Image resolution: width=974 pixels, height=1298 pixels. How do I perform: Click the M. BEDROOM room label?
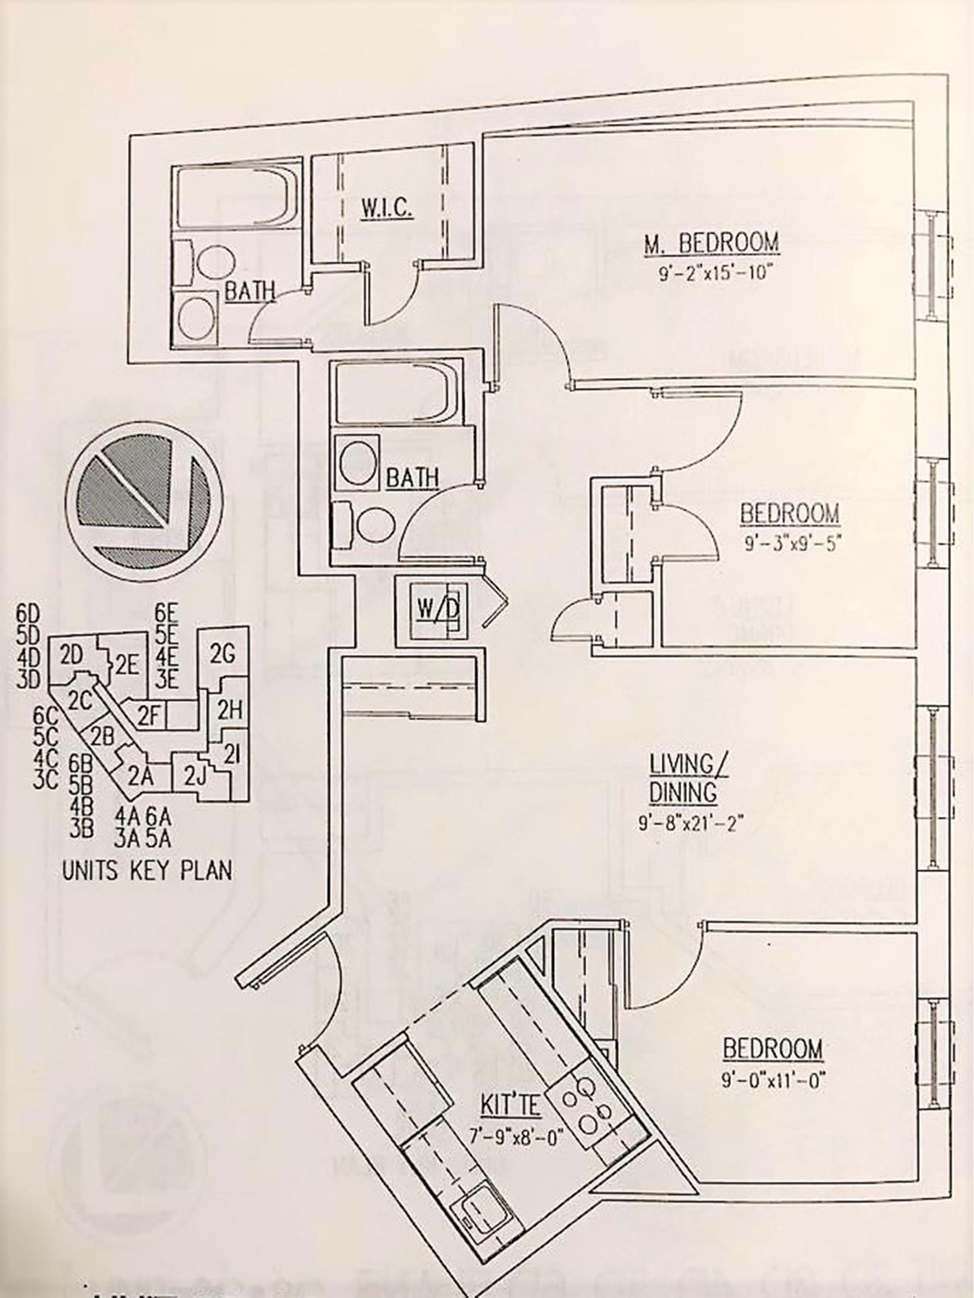(x=711, y=243)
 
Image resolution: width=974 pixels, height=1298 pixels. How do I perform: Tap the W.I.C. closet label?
(x=387, y=209)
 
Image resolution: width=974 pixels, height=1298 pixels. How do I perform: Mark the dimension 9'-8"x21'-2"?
(x=691, y=825)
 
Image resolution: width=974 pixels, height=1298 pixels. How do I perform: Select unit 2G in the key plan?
(x=221, y=653)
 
